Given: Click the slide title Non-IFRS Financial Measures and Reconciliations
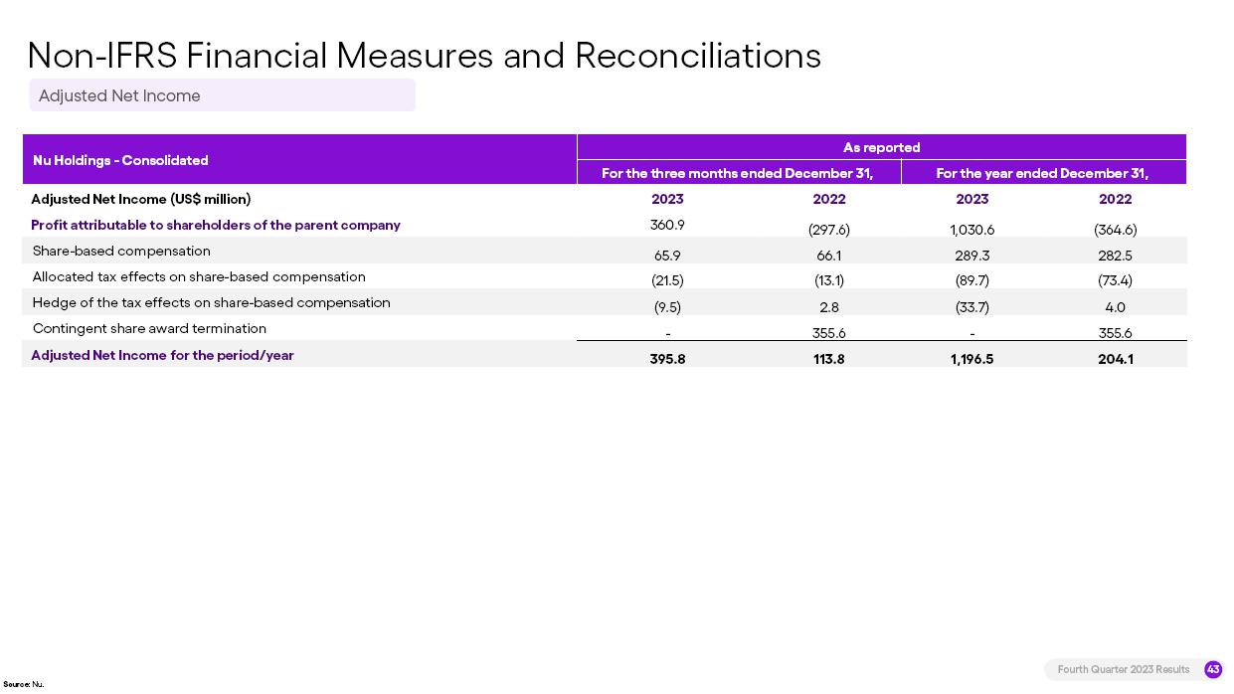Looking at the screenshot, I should click(424, 56).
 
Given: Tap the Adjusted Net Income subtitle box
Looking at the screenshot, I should click(222, 95).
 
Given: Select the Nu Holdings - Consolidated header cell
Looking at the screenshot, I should click(120, 160).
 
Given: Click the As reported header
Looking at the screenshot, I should click(881, 147).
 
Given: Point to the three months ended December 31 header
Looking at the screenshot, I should click(737, 173).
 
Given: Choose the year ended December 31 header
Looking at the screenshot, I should click(1042, 173).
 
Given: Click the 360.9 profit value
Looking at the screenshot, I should click(667, 225).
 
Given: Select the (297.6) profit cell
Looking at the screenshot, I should click(829, 230).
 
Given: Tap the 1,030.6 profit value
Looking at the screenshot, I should click(971, 230).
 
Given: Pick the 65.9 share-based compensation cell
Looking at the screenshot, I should click(667, 256).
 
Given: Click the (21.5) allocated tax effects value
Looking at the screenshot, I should click(667, 281).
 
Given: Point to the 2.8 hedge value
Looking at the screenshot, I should click(829, 307).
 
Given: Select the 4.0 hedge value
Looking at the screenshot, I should click(1115, 307).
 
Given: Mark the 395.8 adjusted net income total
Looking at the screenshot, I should click(667, 359).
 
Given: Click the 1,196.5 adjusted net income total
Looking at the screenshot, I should click(971, 359).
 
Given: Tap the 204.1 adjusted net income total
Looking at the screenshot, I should click(1115, 359).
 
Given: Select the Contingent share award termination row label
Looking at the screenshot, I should click(149, 328).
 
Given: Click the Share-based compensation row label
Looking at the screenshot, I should click(121, 251).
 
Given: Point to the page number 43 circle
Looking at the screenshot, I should click(1213, 669).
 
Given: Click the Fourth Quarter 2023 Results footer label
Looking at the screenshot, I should click(1124, 669).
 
